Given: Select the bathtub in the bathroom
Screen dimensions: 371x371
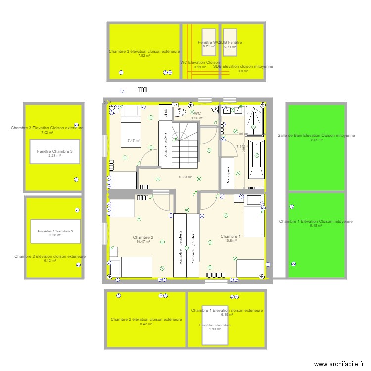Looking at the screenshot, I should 256,159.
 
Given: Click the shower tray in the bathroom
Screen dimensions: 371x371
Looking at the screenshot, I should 255,122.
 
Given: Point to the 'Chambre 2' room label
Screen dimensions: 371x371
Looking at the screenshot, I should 143,238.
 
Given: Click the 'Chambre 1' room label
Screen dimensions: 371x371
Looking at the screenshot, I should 231,236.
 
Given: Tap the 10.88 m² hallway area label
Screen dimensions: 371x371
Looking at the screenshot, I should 185,177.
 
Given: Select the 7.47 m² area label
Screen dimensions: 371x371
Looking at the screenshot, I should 134,141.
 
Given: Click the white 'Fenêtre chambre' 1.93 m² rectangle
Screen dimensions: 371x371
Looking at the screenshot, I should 215,325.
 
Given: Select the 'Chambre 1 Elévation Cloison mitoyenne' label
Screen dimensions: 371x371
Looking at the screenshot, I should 316,221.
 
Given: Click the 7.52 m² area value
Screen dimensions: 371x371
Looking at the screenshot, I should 144,56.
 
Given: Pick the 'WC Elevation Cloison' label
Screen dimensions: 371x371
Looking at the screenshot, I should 200,63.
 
